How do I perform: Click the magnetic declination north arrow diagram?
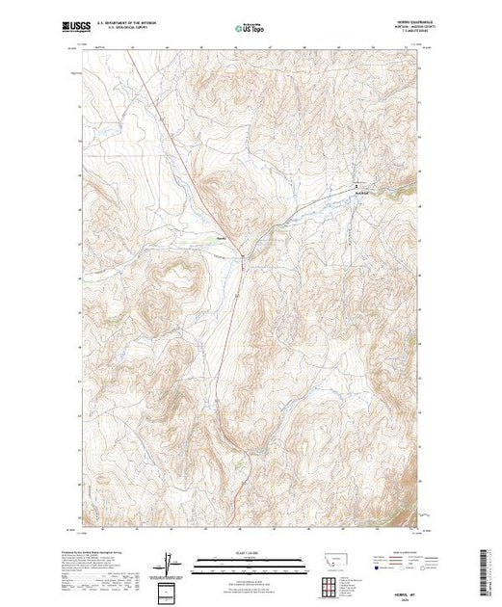point(170,562)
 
